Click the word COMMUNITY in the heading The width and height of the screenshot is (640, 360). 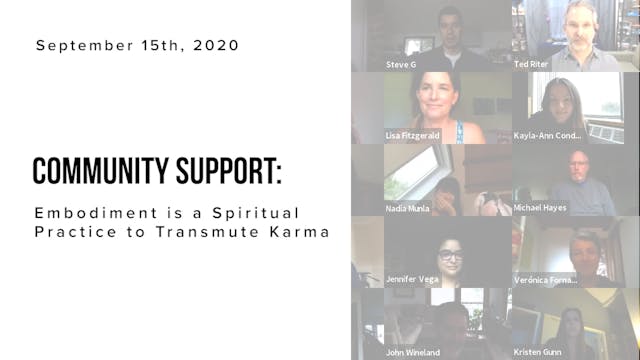pyautogui.click(x=96, y=171)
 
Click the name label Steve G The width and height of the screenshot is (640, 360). pyautogui.click(x=403, y=63)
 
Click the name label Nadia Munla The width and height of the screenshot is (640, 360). pyautogui.click(x=409, y=208)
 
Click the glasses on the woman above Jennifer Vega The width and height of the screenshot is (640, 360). pyautogui.click(x=450, y=255)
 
